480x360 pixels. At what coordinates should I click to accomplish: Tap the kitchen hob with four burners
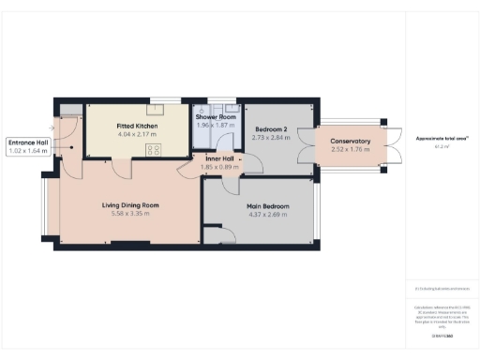click(x=153, y=148)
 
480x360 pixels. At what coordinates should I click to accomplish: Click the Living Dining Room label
click(x=130, y=204)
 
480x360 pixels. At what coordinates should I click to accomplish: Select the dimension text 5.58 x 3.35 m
click(x=130, y=214)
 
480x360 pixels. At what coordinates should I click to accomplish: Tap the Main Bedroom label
click(x=268, y=206)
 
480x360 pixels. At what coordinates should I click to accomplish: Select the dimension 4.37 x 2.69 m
click(x=268, y=215)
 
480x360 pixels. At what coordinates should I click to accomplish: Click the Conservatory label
click(x=351, y=142)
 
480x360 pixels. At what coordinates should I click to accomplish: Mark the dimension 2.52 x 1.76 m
click(x=351, y=150)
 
